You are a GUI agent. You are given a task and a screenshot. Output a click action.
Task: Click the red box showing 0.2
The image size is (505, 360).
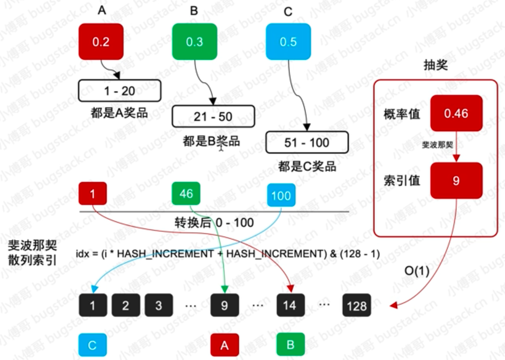(101, 41)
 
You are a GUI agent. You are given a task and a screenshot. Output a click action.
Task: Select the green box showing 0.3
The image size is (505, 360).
(195, 41)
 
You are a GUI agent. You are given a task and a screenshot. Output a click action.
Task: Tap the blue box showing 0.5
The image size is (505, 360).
(288, 41)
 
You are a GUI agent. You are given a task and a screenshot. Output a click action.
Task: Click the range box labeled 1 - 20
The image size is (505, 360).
(120, 91)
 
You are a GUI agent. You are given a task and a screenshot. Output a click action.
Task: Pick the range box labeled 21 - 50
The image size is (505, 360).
(213, 116)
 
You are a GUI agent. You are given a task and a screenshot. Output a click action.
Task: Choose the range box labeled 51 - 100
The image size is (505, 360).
(307, 143)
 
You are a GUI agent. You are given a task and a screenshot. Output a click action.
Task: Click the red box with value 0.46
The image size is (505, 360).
(456, 113)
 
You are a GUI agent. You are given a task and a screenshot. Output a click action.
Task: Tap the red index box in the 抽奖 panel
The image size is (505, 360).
(456, 181)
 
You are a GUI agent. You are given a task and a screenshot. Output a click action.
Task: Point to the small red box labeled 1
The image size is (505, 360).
(93, 194)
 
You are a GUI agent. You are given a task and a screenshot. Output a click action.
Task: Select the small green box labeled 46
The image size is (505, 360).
(186, 194)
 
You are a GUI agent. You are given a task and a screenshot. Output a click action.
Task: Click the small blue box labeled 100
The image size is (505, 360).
(280, 195)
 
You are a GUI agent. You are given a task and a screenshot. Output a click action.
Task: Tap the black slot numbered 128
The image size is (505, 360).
(356, 305)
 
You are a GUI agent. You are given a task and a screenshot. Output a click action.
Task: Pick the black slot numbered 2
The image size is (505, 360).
(125, 305)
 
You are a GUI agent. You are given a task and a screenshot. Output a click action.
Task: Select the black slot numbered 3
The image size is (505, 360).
(158, 305)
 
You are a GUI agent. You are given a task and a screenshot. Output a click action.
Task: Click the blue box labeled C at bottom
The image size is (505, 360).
(92, 345)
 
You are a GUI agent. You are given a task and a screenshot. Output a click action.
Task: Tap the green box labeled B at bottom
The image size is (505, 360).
(290, 344)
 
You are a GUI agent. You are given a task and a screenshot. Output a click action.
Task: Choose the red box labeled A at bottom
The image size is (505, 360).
(224, 345)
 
